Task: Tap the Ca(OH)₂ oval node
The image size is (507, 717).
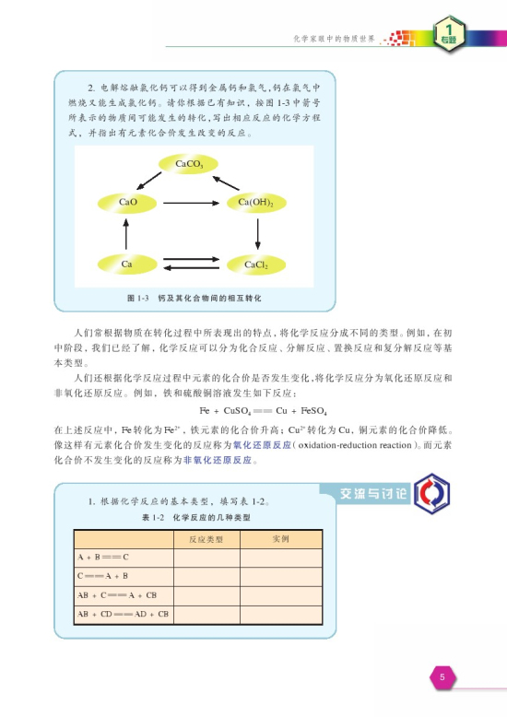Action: tap(256, 202)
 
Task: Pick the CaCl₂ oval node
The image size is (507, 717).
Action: tap(256, 264)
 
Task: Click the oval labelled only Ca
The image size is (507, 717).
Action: tap(127, 264)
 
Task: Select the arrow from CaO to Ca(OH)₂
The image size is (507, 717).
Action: tap(191, 202)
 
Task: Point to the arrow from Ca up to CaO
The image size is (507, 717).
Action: tap(127, 233)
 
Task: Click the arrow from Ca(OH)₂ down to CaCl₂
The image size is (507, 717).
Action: tap(257, 233)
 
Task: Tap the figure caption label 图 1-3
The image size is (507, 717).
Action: tap(137, 300)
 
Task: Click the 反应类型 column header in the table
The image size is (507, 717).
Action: tap(206, 539)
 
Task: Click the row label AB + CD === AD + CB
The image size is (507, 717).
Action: tap(123, 613)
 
